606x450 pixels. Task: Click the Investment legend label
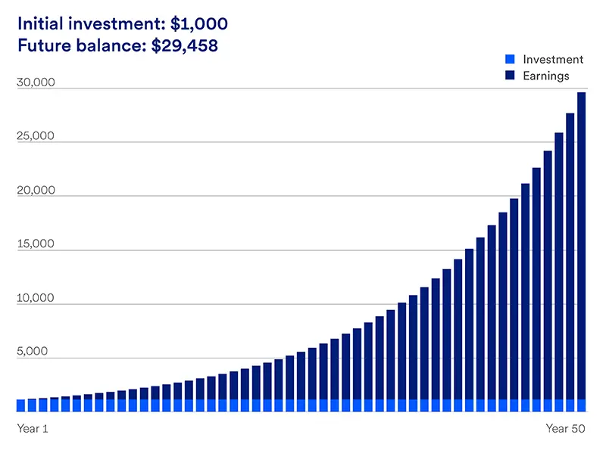(553, 60)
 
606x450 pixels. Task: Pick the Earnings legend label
(545, 76)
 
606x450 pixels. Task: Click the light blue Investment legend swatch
(509, 60)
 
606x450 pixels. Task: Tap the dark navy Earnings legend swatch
(509, 76)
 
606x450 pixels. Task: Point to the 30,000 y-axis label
(36, 82)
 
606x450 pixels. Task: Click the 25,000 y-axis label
(36, 137)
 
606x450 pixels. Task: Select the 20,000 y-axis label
(36, 191)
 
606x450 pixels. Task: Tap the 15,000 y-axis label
(36, 244)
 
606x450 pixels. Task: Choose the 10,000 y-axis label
(36, 298)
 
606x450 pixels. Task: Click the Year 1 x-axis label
(33, 429)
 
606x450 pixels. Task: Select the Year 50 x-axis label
(566, 429)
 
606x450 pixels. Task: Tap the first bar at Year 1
(21, 405)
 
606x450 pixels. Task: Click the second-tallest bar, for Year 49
(570, 257)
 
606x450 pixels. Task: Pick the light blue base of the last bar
(581, 405)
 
